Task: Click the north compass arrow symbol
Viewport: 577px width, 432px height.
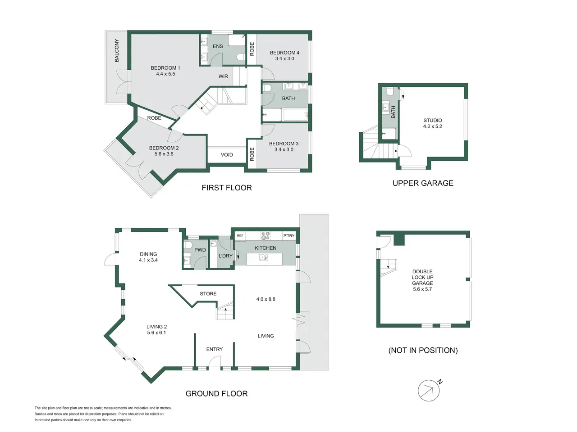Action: tap(429, 390)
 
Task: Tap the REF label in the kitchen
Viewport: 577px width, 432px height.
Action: tap(240, 235)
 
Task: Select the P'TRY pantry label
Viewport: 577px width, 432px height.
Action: tap(289, 235)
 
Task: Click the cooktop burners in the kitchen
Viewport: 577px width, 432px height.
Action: tap(265, 235)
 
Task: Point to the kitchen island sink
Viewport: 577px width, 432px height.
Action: tap(264, 257)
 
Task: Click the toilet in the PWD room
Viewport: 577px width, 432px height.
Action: tap(188, 245)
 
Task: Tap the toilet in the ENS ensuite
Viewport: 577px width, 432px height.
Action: tap(241, 57)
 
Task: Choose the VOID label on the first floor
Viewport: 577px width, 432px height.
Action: tap(227, 155)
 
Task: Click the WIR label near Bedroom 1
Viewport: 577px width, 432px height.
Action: tap(223, 76)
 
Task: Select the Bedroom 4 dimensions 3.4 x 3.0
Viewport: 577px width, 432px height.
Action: tap(284, 59)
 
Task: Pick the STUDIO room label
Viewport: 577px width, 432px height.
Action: tap(432, 121)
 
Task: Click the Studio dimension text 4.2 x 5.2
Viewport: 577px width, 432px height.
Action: tap(432, 126)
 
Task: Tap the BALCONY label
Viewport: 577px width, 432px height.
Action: tap(117, 50)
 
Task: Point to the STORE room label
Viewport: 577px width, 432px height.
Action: tap(208, 294)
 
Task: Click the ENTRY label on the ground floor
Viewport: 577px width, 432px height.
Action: tap(214, 349)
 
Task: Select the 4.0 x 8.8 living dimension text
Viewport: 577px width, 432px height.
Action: tap(266, 299)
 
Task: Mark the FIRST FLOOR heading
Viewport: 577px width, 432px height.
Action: tap(227, 188)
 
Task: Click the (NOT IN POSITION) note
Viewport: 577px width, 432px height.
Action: tap(423, 351)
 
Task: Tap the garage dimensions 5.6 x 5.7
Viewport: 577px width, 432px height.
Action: tap(422, 289)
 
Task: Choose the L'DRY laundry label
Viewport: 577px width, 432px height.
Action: tap(225, 256)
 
